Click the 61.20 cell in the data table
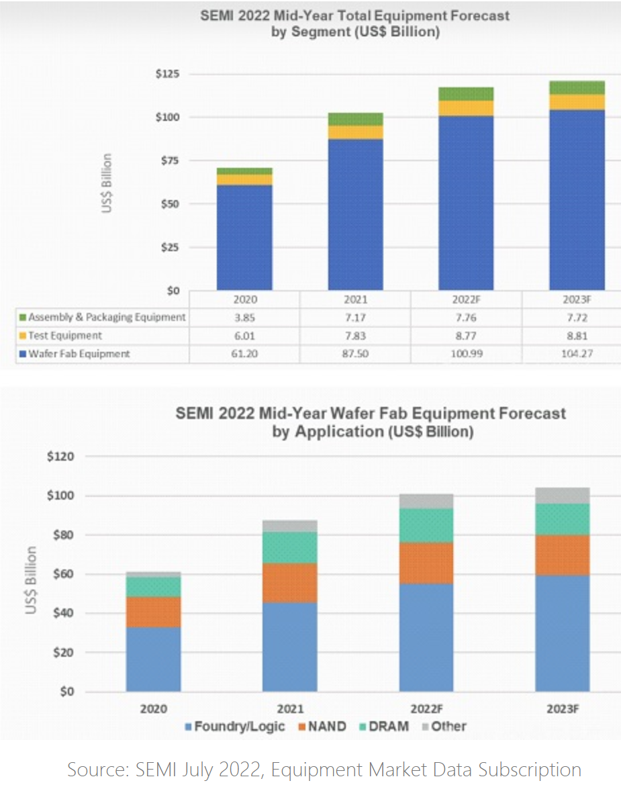(244, 354)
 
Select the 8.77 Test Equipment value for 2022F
(465, 336)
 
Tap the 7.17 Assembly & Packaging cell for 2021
(355, 317)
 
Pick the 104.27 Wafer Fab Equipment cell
(576, 354)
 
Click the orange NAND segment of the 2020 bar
(153, 612)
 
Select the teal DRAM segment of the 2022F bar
(426, 525)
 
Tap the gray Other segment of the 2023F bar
(563, 496)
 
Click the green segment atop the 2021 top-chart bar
(355, 119)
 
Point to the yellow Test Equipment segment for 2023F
(576, 102)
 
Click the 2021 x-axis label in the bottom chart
(290, 708)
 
